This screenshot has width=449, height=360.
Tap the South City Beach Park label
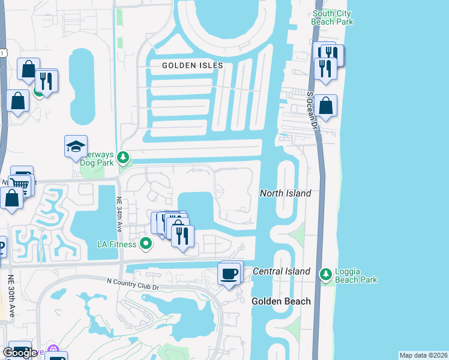coord(332,17)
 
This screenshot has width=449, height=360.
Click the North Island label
coord(285,193)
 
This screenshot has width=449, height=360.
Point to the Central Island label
coord(282,271)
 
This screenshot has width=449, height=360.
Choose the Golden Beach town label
coord(281,301)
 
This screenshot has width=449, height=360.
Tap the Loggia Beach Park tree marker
coord(325,274)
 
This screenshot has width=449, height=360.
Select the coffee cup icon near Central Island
coord(229,274)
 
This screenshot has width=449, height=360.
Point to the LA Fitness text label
coord(118,244)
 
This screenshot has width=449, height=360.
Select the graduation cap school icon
coord(76,146)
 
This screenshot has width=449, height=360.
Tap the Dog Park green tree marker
coord(124,158)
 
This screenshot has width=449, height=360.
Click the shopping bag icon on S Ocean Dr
coord(325,106)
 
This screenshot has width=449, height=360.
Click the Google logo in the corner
coord(20,353)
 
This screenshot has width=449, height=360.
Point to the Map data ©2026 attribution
coord(423,355)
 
